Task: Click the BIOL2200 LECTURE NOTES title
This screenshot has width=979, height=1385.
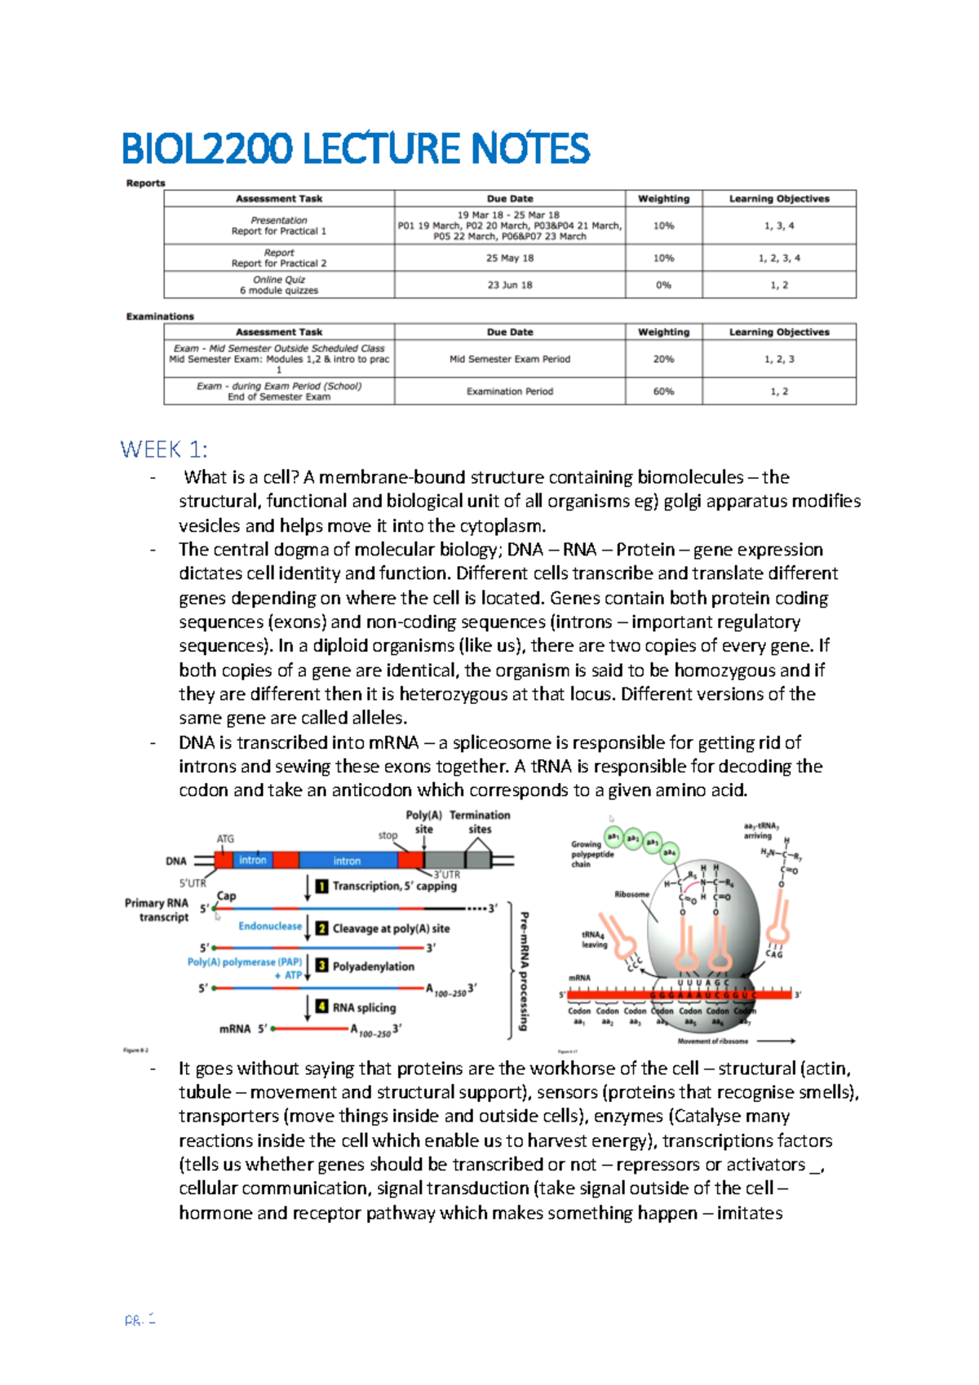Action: click(355, 148)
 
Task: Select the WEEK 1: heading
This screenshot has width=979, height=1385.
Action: click(163, 449)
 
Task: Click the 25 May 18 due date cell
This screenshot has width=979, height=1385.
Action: click(510, 258)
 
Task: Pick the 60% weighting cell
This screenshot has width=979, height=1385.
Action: click(663, 392)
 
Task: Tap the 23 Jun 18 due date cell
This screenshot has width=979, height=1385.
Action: click(510, 285)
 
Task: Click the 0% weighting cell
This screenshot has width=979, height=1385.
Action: click(663, 285)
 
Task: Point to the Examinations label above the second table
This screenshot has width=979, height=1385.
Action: click(160, 316)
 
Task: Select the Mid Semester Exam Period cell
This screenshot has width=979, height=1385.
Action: click(510, 359)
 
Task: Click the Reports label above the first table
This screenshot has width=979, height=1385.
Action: click(145, 184)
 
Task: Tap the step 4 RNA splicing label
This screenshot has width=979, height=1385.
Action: click(364, 1007)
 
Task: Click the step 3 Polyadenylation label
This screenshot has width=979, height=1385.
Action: click(373, 967)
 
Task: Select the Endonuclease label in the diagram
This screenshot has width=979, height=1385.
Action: click(270, 926)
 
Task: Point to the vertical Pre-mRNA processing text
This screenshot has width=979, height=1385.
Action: click(524, 971)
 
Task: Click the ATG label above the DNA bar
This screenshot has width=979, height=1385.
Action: click(225, 839)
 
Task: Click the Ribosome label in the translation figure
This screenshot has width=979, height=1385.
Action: click(631, 895)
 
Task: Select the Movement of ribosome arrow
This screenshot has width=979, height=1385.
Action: click(776, 1041)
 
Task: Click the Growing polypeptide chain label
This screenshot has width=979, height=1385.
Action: click(591, 854)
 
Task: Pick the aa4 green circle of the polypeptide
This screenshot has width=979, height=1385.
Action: click(669, 852)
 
